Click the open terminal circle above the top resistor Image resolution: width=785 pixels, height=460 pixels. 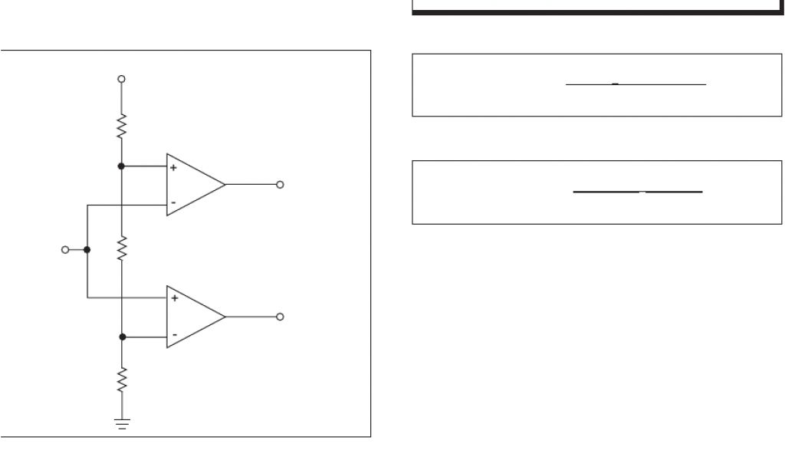pos(121,79)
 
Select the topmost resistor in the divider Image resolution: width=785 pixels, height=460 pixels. pos(121,126)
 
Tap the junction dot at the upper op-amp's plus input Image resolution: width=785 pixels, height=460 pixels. pos(121,166)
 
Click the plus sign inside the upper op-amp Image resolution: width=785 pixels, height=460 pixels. pos(173,167)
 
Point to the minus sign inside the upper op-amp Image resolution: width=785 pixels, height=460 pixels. pos(173,203)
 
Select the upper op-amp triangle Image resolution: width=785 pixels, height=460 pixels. pos(193,185)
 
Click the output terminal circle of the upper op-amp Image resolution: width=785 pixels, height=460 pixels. pos(280,185)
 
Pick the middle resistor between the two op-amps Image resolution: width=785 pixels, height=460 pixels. pos(121,248)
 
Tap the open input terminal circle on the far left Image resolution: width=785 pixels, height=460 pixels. pos(66,249)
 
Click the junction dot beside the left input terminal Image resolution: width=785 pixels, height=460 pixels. pos(87,249)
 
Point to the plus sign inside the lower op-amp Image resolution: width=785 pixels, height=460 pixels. pos(174,298)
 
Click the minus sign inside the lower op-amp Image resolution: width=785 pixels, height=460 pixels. pos(174,335)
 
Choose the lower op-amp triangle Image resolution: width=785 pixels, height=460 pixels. pos(193,317)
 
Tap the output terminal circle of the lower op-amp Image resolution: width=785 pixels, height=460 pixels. pos(280,317)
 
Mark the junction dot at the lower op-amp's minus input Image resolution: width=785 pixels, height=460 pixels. pos(121,337)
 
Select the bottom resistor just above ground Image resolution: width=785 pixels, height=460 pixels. pos(121,379)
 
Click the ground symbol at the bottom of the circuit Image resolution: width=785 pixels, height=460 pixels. pos(121,422)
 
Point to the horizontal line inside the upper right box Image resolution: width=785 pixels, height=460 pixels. pos(636,84)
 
